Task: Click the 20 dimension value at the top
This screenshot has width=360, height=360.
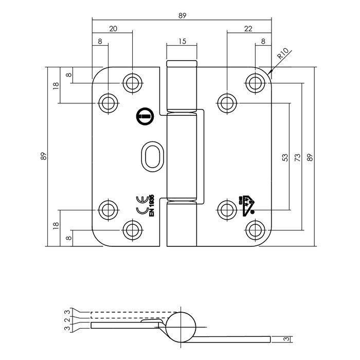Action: [113, 29]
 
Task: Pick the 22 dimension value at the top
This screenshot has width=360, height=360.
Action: [249, 29]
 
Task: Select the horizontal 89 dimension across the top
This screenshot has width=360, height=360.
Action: [182, 16]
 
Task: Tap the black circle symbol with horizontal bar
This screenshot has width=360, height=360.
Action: [143, 117]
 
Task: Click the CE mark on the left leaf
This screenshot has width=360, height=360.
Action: [140, 206]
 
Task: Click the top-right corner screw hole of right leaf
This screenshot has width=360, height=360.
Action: [255, 82]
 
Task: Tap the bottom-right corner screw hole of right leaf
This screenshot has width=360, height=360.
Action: [255, 229]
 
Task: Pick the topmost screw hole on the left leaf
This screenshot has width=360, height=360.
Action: [132, 82]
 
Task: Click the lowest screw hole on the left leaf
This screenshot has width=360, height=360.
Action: [132, 229]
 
